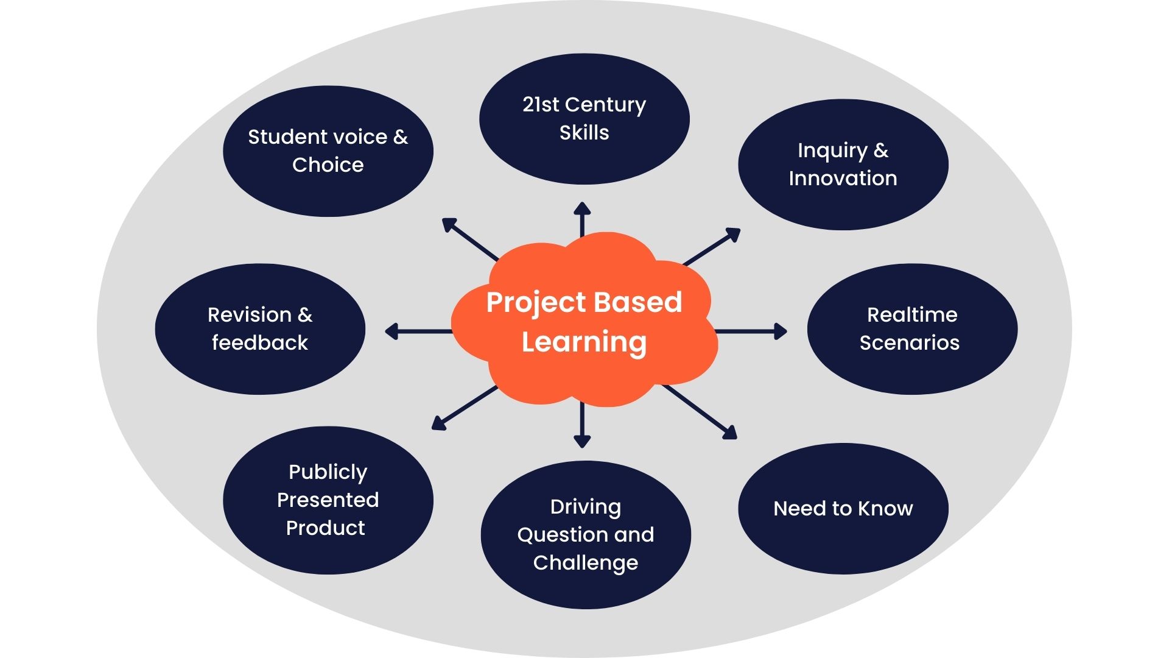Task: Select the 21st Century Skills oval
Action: [584, 119]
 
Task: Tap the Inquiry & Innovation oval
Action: [843, 164]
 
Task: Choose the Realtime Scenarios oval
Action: [911, 329]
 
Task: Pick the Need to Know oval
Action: [843, 508]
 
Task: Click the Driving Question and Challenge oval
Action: [585, 534]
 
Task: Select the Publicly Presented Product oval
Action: [328, 500]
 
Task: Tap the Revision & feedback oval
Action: [260, 329]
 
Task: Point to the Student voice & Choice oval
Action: [328, 151]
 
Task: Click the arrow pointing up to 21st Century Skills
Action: [582, 219]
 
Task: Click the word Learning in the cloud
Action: [584, 342]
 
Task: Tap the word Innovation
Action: [843, 179]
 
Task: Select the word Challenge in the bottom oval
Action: [585, 563]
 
